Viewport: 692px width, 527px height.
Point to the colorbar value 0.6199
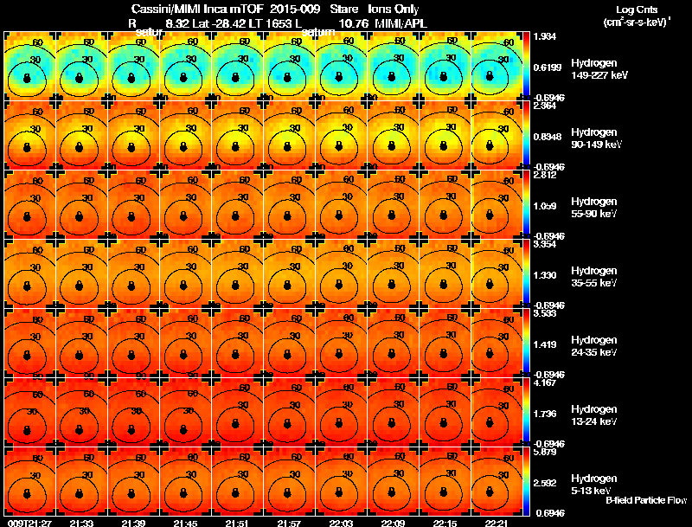pyautogui.click(x=546, y=67)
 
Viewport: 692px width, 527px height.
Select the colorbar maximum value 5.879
pyautogui.click(x=544, y=452)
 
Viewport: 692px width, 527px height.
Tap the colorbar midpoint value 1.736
pyautogui.click(x=544, y=414)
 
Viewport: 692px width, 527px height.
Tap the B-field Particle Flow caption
pyautogui.click(x=645, y=500)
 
